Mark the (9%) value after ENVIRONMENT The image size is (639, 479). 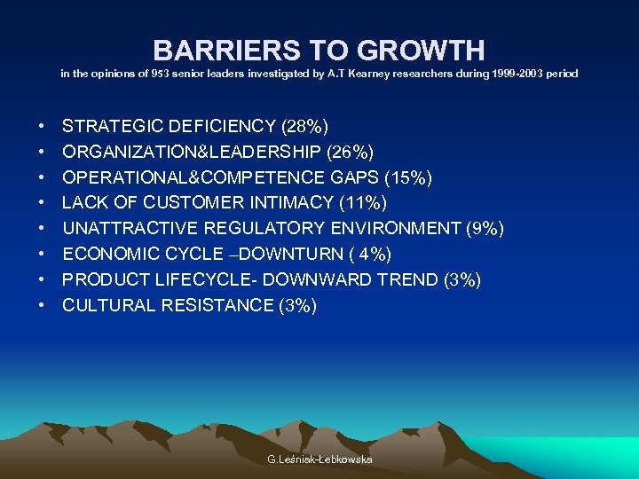coord(485,229)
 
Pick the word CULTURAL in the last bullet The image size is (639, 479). coord(106,306)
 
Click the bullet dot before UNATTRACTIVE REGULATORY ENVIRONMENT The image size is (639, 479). coord(43,229)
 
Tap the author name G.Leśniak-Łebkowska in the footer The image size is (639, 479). coord(319,459)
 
